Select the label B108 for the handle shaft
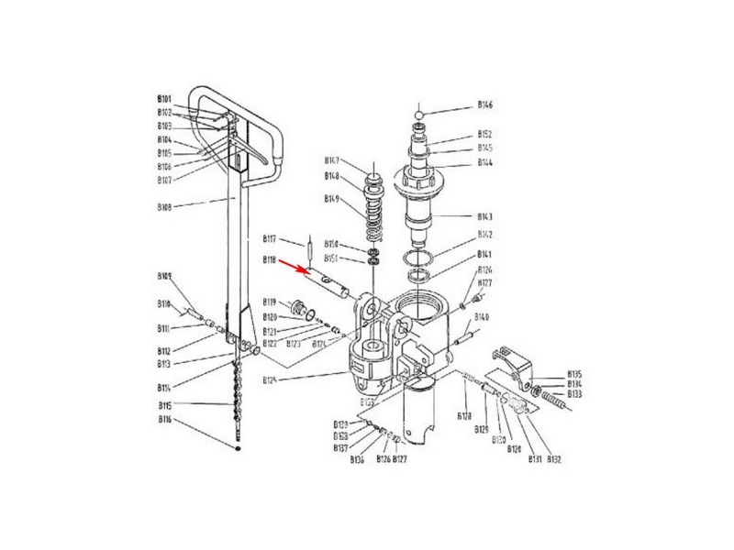tap(164, 207)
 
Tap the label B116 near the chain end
tap(164, 419)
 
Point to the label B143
tap(485, 217)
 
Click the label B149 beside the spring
tap(331, 199)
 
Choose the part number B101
tap(164, 98)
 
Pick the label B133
tap(575, 394)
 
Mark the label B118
tap(270, 259)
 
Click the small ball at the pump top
tap(419, 115)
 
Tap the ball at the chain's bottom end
tap(238, 449)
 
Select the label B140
tap(483, 317)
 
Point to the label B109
tap(164, 276)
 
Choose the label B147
tap(331, 160)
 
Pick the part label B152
tap(485, 134)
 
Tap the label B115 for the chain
tap(164, 405)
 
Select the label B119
tap(270, 302)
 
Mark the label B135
tap(575, 374)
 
